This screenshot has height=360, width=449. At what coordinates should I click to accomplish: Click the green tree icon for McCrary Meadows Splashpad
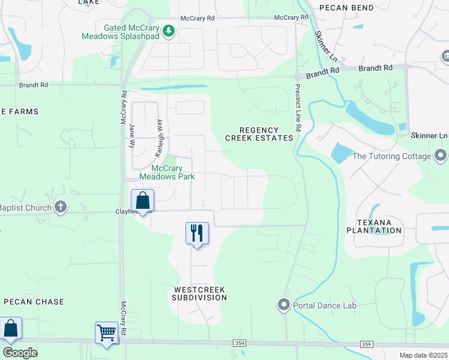(169, 31)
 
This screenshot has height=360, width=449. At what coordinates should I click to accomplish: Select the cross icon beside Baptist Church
(60, 208)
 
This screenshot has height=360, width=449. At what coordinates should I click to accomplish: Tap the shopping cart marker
(106, 333)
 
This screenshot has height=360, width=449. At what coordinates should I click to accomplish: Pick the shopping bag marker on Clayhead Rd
(143, 201)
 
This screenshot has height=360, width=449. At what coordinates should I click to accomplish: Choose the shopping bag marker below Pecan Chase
(10, 329)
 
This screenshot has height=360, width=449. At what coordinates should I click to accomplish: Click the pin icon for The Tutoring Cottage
(441, 156)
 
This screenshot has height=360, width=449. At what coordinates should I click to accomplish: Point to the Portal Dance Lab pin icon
(283, 305)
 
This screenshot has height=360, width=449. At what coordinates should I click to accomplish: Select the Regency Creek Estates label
(259, 134)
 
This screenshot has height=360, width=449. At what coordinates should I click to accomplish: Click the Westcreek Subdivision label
(199, 293)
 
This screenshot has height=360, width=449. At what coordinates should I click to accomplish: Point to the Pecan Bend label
(363, 8)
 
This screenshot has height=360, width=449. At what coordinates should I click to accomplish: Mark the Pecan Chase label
(34, 302)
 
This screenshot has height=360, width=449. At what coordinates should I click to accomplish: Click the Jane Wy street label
(131, 136)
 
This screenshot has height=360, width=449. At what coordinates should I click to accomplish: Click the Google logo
(20, 353)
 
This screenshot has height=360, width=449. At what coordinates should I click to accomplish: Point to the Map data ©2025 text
(423, 355)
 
